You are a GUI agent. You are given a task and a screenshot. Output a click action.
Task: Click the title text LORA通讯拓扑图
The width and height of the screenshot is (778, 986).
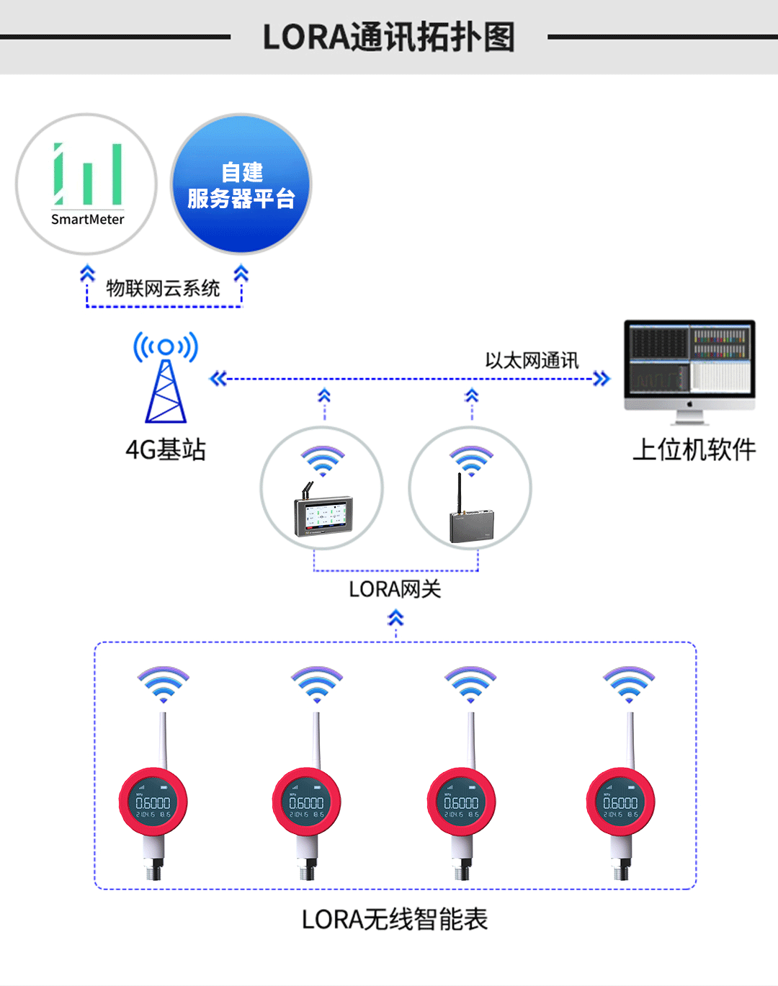click(x=388, y=37)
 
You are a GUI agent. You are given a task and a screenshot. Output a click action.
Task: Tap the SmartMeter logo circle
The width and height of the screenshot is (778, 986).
click(x=86, y=184)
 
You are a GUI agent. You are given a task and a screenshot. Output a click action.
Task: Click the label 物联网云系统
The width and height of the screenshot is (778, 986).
click(x=163, y=289)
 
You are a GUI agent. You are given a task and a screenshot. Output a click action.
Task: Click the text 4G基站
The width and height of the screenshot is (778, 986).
click(x=166, y=450)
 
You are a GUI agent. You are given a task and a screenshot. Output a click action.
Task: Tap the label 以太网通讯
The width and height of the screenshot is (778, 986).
click(x=532, y=361)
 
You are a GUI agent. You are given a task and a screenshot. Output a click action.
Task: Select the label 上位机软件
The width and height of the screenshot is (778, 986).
click(x=694, y=450)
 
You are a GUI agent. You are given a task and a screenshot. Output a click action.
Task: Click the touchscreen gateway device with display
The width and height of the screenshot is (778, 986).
click(x=323, y=514)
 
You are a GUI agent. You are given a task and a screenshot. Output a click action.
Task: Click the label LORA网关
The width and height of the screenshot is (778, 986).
click(x=395, y=590)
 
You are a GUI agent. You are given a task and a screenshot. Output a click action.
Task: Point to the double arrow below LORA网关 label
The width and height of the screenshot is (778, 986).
click(x=395, y=618)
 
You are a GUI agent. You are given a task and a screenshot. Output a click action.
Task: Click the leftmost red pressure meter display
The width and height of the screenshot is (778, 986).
click(x=153, y=802)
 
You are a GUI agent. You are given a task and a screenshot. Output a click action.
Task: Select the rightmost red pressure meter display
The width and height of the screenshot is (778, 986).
click(x=620, y=802)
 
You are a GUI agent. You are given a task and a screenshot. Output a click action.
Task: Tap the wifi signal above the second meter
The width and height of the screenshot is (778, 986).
click(x=317, y=684)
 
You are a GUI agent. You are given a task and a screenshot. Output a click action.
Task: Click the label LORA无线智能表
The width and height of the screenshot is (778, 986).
click(x=395, y=920)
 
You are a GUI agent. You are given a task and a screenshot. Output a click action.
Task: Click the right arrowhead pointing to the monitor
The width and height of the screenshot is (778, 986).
click(x=602, y=379)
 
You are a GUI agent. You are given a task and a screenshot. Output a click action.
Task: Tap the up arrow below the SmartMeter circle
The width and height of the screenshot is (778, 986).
click(x=87, y=274)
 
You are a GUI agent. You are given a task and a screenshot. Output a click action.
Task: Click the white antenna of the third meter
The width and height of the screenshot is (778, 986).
click(x=471, y=738)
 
